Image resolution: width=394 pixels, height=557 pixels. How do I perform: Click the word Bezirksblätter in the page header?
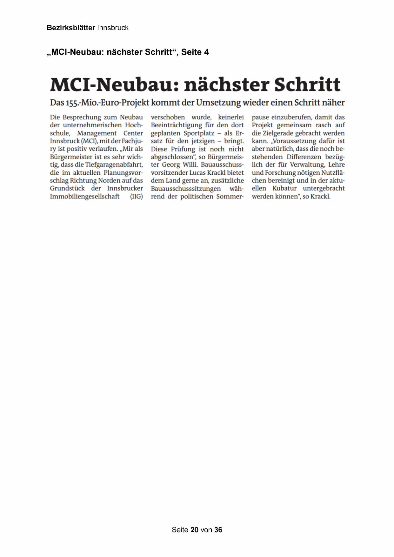71,28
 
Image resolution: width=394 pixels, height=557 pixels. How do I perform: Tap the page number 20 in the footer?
195,530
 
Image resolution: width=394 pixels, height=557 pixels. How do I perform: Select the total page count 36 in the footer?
218,530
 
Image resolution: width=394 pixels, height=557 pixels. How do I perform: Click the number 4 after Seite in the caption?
206,52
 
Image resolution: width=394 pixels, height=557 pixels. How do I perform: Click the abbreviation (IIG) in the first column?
137,197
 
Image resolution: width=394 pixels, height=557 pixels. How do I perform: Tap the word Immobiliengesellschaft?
85,197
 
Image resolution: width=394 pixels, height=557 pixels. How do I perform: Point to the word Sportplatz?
199,133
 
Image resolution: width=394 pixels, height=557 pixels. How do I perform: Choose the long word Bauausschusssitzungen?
186,189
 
